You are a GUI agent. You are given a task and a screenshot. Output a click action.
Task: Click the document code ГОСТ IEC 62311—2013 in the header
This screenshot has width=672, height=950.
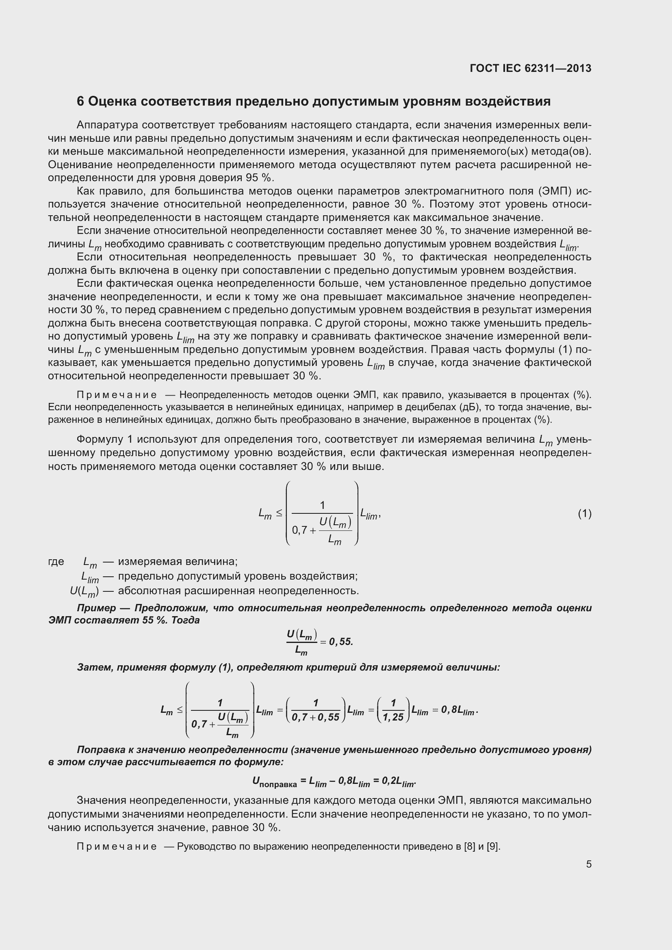click(531, 68)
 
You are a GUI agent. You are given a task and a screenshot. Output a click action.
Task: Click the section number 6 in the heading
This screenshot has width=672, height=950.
click(80, 102)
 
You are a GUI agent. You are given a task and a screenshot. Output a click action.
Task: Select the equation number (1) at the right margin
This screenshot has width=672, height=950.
click(584, 514)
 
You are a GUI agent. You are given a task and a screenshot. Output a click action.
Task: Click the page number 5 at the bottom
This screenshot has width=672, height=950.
click(588, 864)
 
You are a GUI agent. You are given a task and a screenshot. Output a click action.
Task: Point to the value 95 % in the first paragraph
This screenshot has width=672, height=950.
click(260, 178)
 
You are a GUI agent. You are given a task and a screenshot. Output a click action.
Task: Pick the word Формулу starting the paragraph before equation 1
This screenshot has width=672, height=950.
click(105, 439)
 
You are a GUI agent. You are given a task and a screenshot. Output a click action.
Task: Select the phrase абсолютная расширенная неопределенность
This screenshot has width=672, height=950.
click(238, 591)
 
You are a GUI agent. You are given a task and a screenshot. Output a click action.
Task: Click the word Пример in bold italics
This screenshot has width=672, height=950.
click(96, 608)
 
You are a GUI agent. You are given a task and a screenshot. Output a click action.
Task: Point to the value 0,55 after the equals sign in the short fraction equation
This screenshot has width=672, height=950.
click(341, 642)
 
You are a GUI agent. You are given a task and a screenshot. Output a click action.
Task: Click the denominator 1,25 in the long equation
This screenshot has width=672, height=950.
click(393, 717)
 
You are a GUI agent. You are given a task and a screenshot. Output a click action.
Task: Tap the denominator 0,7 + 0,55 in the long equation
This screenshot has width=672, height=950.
click(315, 717)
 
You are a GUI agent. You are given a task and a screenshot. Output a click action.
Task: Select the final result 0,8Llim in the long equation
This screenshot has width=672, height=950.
click(458, 710)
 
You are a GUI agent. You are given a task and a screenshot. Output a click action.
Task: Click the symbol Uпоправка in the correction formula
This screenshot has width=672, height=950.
click(274, 781)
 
